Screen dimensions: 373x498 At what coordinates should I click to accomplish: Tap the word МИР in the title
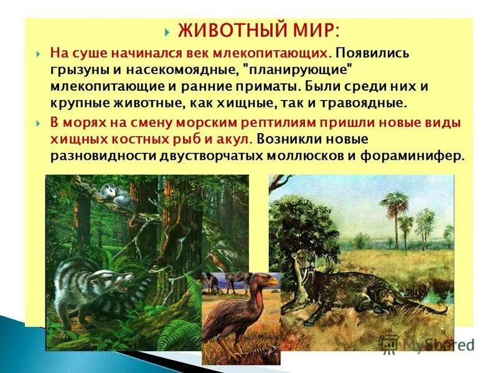coord(318,30)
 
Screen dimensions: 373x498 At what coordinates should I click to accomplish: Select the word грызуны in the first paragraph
coord(77,68)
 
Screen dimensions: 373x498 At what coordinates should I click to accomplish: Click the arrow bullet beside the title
coord(167,31)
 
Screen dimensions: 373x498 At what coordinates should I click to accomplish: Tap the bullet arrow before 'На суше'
coord(38,53)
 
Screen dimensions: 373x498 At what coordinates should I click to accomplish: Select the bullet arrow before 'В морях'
coord(38,123)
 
